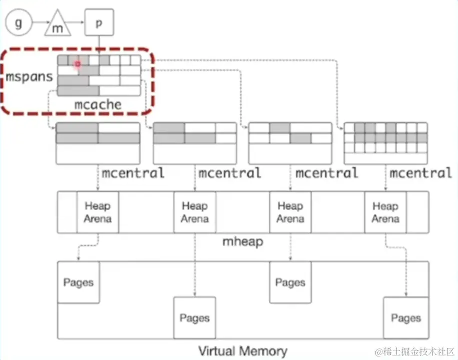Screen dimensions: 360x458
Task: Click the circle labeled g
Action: tap(19, 22)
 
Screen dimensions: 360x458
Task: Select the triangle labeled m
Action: tap(59, 25)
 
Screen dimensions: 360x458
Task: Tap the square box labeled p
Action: tap(98, 22)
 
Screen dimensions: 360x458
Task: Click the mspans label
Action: tap(30, 78)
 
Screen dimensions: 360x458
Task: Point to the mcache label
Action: tap(98, 105)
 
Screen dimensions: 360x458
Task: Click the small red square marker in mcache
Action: tap(78, 64)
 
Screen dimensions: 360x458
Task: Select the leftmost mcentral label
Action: tap(133, 173)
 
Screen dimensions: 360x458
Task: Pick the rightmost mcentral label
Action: tap(421, 173)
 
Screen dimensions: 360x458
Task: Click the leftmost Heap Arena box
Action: tap(98, 212)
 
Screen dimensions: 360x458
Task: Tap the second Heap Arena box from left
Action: tap(195, 212)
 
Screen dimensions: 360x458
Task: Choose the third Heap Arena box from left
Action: tap(290, 212)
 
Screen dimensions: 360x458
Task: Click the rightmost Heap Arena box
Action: tap(385, 212)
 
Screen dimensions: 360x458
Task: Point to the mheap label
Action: tap(243, 242)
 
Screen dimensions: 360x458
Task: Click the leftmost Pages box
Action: tap(79, 282)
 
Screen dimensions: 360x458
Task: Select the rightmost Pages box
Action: tap(406, 318)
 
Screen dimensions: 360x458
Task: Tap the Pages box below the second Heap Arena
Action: tap(195, 318)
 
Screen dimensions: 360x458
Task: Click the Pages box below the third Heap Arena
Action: tap(290, 282)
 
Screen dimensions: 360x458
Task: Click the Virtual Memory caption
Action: tap(243, 351)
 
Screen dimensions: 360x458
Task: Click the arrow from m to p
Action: tap(76, 22)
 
